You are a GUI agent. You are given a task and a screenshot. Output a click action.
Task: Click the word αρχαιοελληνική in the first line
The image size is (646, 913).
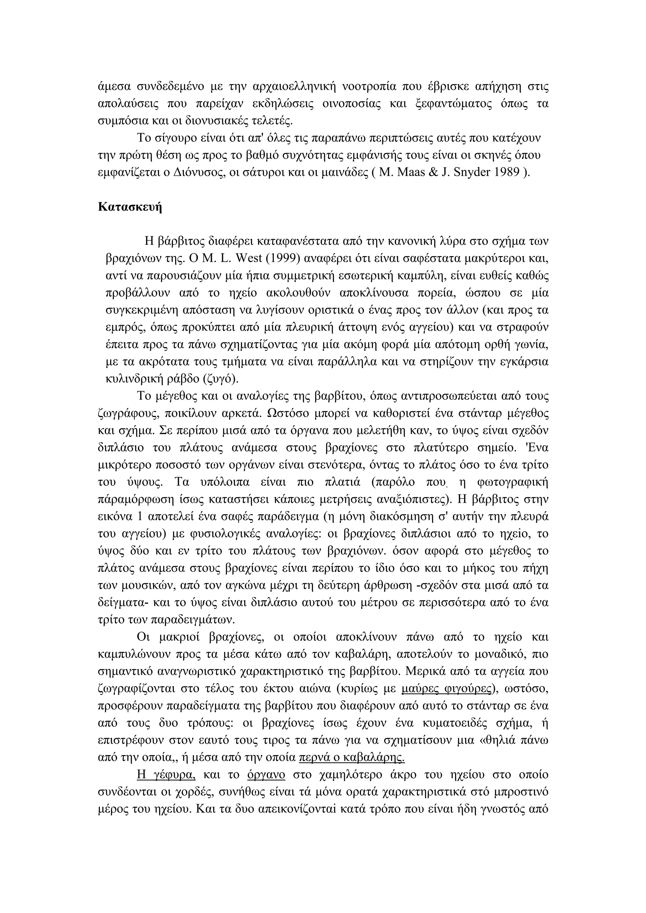point(295,86)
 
